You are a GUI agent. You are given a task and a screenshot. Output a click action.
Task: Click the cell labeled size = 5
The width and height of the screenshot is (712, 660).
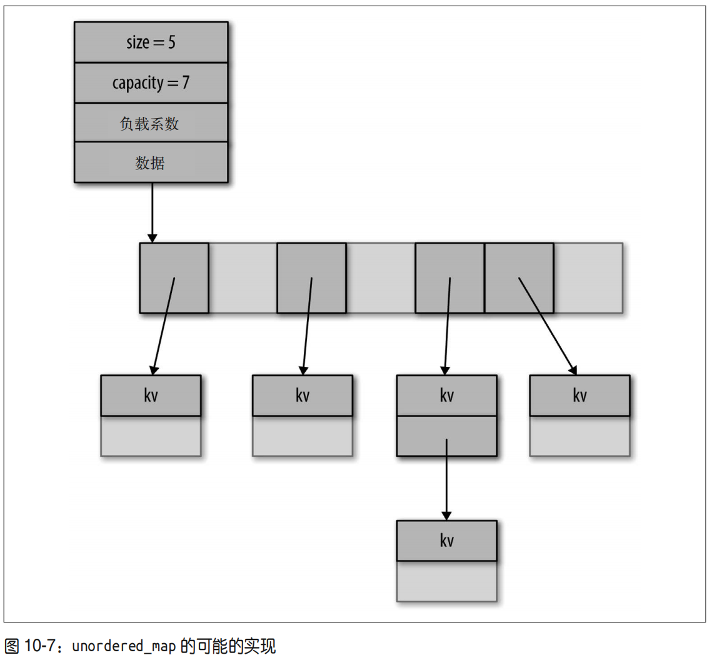(x=151, y=42)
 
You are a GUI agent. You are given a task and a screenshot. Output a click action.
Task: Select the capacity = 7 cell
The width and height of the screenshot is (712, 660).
(x=151, y=83)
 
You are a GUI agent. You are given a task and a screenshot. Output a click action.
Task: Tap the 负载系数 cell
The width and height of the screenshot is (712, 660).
(x=151, y=123)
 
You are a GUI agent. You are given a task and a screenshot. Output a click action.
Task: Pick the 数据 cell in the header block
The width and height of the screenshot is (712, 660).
(x=151, y=162)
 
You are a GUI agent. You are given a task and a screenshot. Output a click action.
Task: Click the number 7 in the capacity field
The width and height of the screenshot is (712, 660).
(x=186, y=83)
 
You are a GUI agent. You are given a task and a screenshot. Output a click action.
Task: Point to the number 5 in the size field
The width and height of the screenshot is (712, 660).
(x=171, y=42)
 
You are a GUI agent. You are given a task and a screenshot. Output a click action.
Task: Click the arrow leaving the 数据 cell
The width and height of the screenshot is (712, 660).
(x=151, y=212)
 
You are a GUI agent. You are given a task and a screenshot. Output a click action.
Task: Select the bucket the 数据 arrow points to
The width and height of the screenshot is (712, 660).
(x=174, y=277)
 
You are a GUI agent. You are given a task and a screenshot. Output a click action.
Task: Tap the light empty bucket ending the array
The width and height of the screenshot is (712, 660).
(x=588, y=277)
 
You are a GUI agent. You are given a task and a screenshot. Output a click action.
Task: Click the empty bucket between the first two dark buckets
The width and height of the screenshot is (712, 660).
(x=243, y=277)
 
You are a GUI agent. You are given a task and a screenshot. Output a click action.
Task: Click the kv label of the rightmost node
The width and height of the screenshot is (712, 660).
(x=579, y=396)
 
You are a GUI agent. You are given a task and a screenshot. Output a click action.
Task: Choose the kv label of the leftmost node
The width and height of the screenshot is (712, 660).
(x=151, y=396)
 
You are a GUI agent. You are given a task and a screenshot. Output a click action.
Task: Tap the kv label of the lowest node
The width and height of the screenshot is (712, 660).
(x=446, y=541)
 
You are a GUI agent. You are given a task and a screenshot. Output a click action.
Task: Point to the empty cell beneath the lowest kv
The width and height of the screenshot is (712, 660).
(x=446, y=581)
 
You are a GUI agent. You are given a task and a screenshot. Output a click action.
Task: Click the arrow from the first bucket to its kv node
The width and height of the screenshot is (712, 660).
(x=163, y=325)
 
